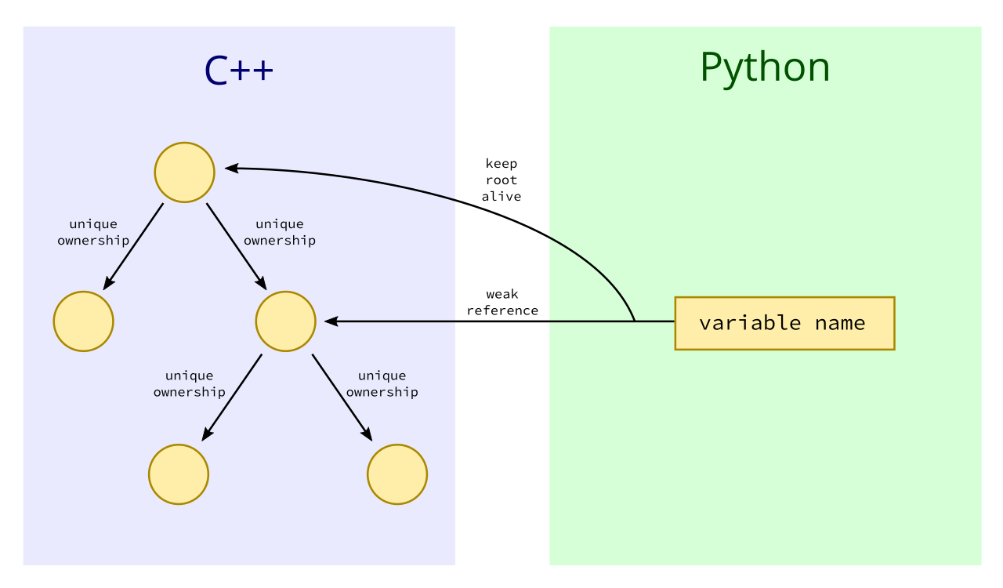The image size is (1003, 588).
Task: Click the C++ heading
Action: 239,71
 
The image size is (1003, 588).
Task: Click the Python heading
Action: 766,68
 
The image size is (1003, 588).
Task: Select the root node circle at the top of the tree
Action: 184,172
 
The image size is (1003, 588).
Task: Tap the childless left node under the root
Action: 83,321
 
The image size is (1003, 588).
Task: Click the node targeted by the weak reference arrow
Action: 286,321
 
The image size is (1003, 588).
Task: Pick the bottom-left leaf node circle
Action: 179,474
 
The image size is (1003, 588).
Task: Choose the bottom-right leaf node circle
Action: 397,474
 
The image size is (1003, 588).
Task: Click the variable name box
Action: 784,323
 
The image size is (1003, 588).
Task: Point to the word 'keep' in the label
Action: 501,164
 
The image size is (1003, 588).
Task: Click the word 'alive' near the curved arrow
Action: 501,196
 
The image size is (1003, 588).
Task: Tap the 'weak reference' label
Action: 502,303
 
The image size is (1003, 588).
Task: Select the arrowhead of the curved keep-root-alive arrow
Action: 231,168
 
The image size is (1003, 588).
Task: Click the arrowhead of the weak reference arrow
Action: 331,321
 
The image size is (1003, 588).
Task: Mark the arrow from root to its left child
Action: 133,246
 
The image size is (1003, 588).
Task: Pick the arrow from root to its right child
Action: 237,246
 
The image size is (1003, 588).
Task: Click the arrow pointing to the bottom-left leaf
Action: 232,397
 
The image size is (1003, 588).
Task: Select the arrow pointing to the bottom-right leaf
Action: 342,397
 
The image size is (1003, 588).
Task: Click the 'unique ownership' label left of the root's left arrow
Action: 93,232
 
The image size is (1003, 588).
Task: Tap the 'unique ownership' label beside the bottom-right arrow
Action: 382,383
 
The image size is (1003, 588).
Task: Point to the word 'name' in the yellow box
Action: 840,323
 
